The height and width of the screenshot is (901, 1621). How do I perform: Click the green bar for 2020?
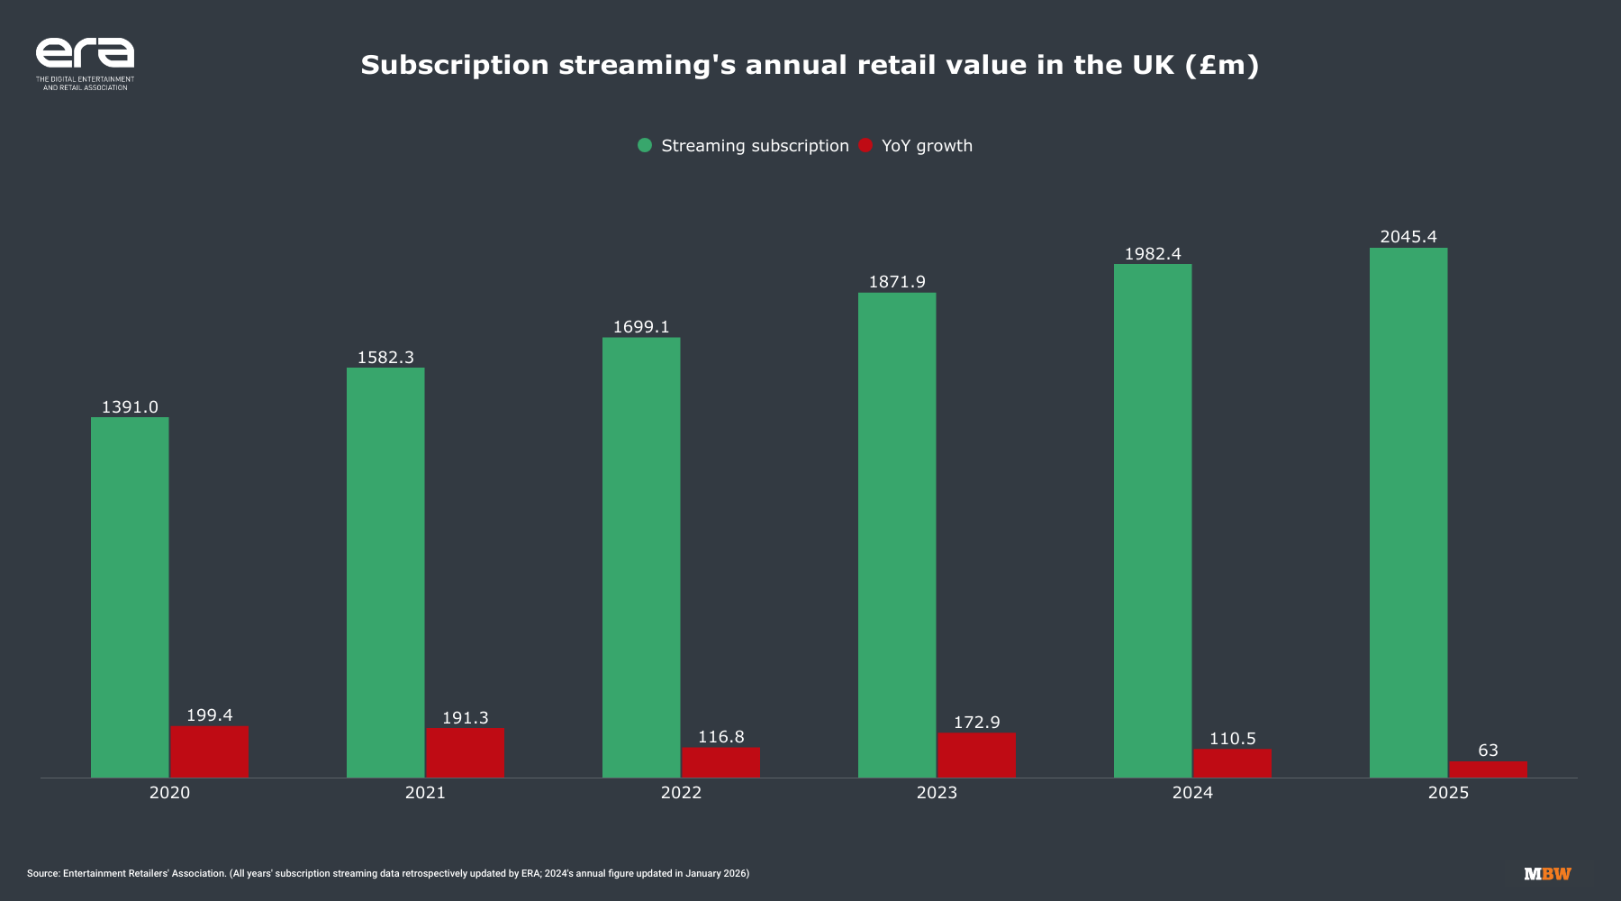click(130, 596)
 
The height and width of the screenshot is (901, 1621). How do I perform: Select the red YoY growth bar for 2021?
click(465, 752)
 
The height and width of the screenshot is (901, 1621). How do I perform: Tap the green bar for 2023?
click(897, 534)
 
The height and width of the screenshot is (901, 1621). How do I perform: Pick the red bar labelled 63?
click(1488, 769)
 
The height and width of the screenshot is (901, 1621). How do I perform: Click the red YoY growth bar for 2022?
click(720, 762)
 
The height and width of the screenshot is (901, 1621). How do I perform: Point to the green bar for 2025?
click(1408, 512)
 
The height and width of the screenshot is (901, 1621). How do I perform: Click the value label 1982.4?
click(1153, 254)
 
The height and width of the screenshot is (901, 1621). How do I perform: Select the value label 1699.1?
click(641, 327)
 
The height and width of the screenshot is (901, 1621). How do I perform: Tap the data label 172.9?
click(976, 723)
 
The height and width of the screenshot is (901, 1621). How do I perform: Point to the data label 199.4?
click(209, 715)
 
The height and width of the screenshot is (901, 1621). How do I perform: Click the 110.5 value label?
click(1232, 739)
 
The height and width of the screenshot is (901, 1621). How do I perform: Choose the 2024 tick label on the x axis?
click(1192, 793)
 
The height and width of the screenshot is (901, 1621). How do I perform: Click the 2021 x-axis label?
click(425, 793)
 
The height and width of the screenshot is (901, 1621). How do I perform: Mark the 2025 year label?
click(1448, 793)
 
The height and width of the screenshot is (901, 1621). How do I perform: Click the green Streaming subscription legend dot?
click(645, 146)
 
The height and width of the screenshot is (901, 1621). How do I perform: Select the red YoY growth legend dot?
click(865, 146)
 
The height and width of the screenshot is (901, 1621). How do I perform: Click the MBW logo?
click(1547, 874)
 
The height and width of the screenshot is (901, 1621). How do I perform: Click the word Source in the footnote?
click(42, 873)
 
